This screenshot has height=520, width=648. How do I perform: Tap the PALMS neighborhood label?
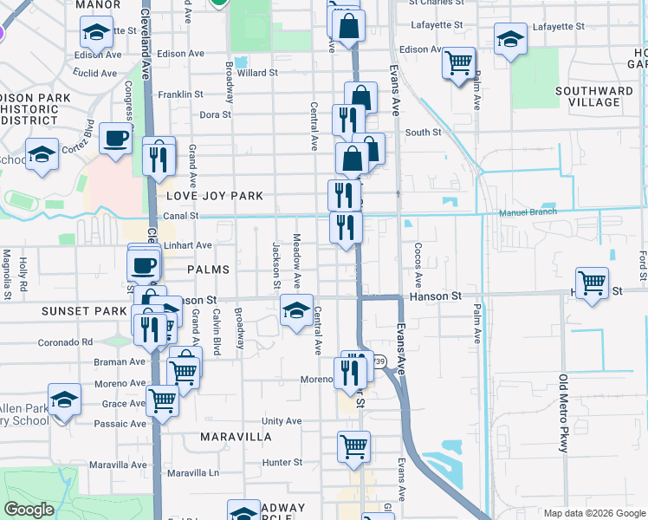point(209,270)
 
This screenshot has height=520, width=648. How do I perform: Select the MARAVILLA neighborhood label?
point(236,437)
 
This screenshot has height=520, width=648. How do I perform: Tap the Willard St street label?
point(257,73)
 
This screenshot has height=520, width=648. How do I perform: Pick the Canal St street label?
point(181,216)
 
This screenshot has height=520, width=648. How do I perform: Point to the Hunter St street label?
point(282,463)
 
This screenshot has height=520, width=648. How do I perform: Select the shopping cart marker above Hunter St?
point(353,447)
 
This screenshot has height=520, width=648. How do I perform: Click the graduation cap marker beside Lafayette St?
point(510,39)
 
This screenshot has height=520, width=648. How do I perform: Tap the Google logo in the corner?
point(29,510)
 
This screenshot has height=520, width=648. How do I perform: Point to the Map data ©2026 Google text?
point(594,513)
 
